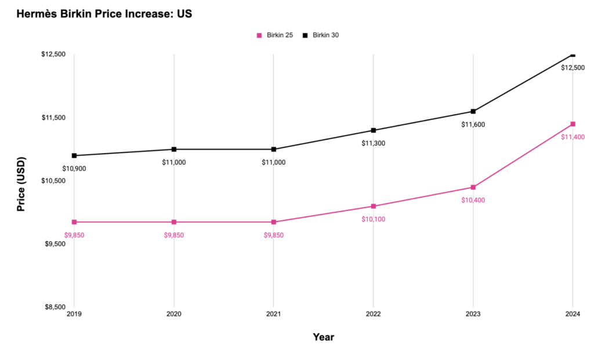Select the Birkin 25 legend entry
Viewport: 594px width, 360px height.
pyautogui.click(x=275, y=35)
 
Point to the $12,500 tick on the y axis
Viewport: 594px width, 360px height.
pyautogui.click(x=53, y=54)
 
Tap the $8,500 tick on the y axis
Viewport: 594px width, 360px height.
pyautogui.click(x=53, y=307)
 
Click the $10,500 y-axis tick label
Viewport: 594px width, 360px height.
pyautogui.click(x=53, y=180)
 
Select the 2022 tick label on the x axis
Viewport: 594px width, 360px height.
pyautogui.click(x=373, y=315)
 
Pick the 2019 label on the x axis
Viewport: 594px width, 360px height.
pyautogui.click(x=74, y=315)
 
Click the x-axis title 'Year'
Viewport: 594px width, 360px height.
pyautogui.click(x=323, y=337)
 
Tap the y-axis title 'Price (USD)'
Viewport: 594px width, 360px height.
pyautogui.click(x=21, y=183)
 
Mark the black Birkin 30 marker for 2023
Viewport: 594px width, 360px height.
pyautogui.click(x=473, y=111)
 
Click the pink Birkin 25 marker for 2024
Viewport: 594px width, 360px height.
pyautogui.click(x=573, y=124)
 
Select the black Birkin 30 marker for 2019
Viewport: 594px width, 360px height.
pyautogui.click(x=74, y=155)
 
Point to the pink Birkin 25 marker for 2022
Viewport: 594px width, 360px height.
pyautogui.click(x=374, y=206)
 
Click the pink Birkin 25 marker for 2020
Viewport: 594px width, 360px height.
pyautogui.click(x=174, y=222)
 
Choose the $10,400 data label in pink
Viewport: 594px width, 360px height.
pyautogui.click(x=473, y=200)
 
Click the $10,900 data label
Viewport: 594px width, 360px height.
pyautogui.click(x=74, y=169)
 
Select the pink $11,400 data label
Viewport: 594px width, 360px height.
pyautogui.click(x=573, y=137)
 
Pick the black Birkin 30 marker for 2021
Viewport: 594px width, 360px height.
pyautogui.click(x=274, y=150)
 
